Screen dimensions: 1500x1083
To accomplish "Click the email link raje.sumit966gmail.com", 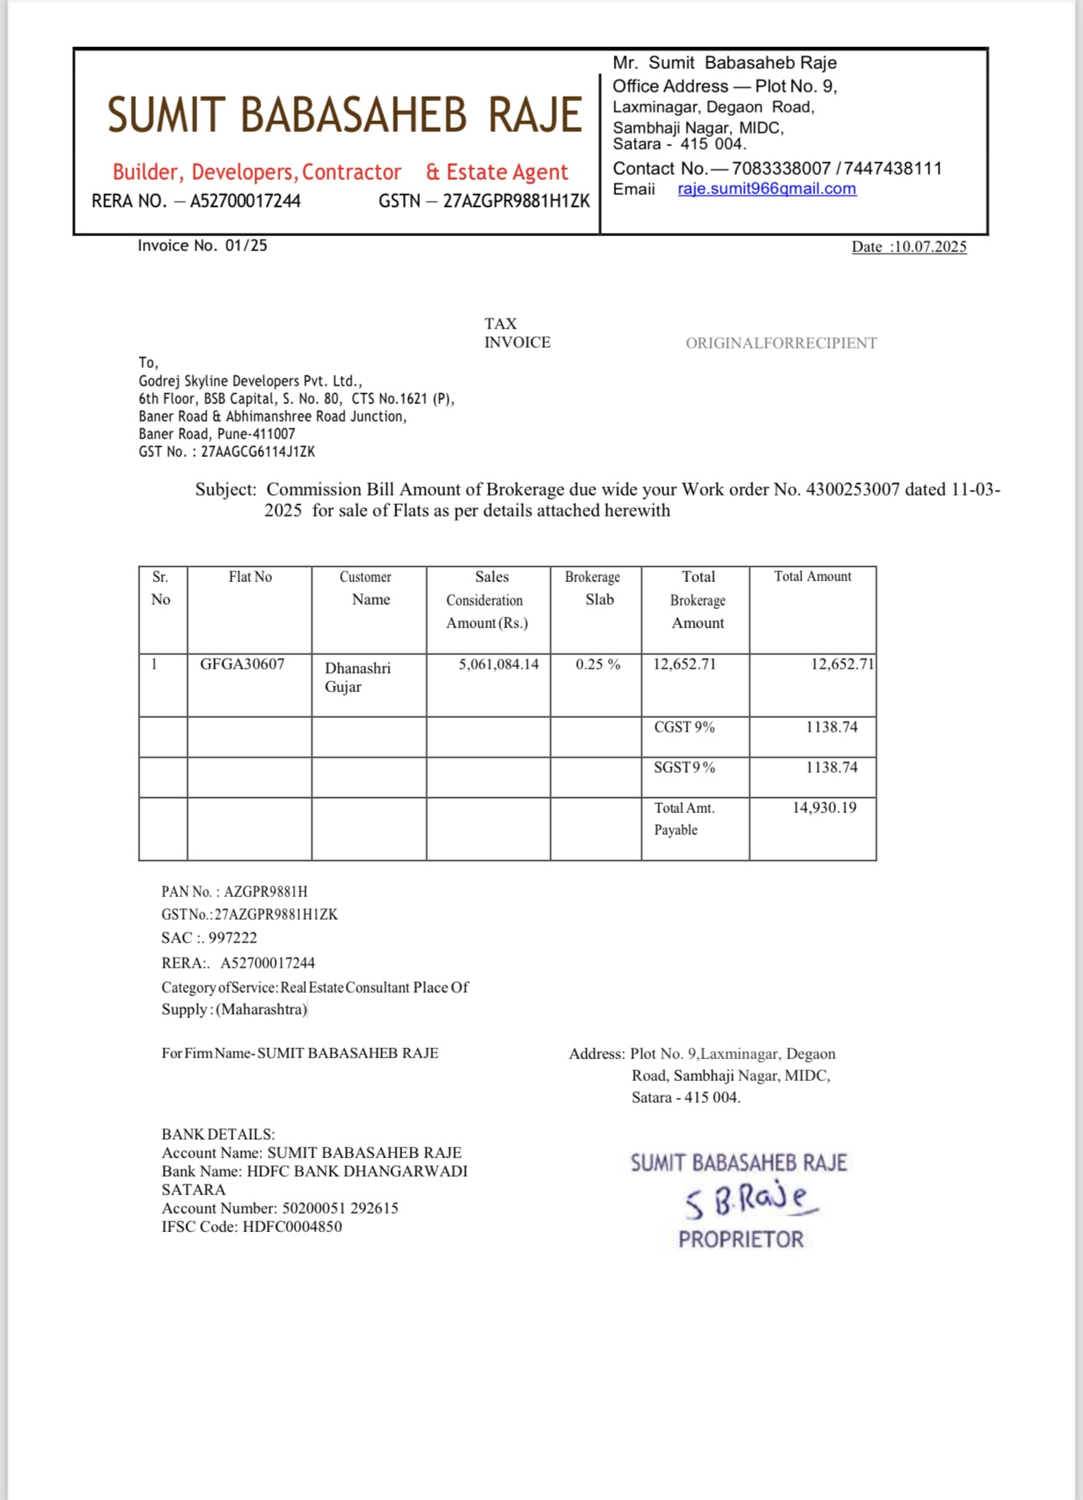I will [766, 189].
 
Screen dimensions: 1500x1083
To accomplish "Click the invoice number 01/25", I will [246, 245].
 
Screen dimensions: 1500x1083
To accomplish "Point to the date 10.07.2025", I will [929, 247].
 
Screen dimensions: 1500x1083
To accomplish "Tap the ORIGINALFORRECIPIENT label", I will [781, 343].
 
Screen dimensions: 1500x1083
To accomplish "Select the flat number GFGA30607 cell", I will [242, 664].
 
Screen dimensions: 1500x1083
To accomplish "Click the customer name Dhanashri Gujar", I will [358, 677].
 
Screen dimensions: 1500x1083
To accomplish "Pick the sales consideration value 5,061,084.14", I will [499, 664].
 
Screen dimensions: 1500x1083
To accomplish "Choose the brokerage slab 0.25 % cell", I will [598, 664].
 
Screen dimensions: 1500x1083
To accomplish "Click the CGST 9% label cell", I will [684, 727].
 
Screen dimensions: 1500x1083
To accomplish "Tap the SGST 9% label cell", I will [684, 768].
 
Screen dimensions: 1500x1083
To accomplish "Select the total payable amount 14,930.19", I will [824, 808].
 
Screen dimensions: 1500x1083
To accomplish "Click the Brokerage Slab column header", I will [593, 588].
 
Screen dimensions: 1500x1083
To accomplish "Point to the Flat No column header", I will [250, 577].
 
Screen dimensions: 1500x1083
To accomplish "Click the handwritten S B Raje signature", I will [750, 1201].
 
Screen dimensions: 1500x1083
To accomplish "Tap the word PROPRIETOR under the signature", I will [740, 1240].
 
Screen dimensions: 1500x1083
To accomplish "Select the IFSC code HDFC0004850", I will [292, 1226].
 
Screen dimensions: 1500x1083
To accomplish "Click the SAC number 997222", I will [233, 938].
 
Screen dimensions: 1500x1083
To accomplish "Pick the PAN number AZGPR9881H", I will [265, 892].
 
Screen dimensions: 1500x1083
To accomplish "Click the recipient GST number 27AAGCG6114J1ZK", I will [258, 452].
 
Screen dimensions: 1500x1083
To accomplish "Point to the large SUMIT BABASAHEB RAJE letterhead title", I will [344, 115].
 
